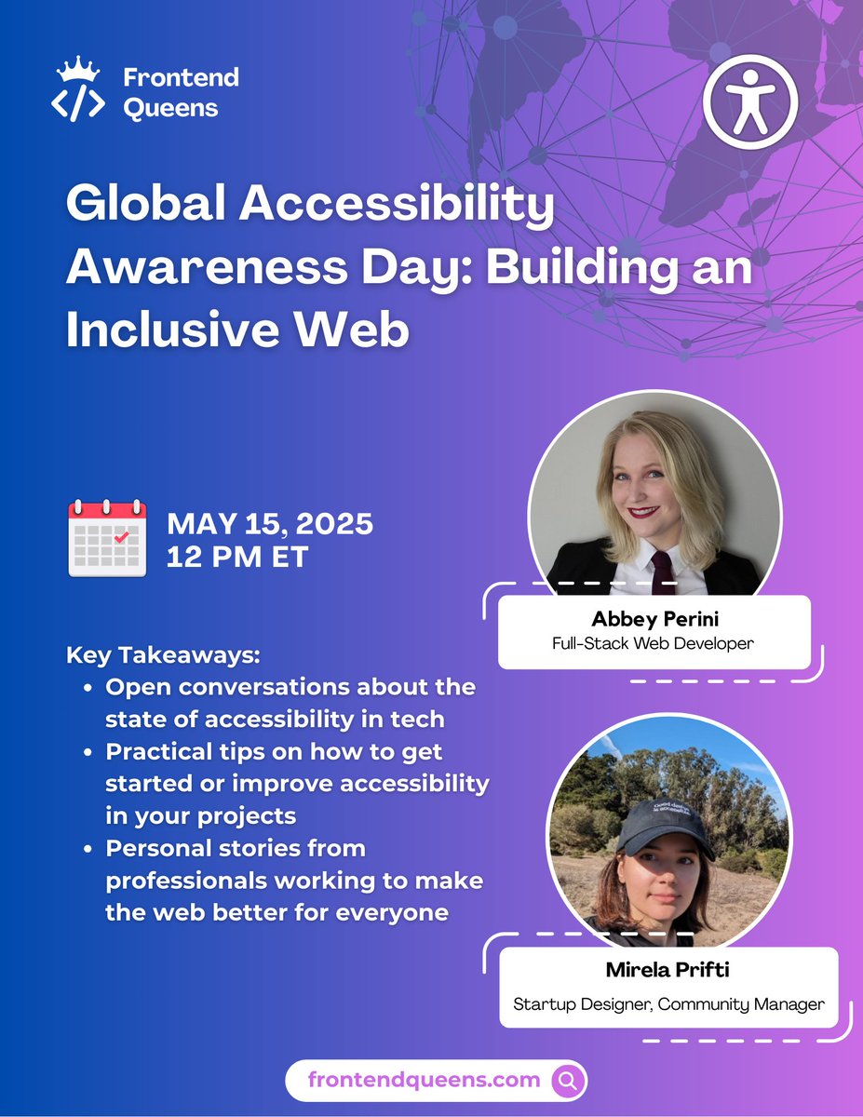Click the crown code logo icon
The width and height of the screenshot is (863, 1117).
coord(78,89)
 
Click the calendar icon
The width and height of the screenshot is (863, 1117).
coord(107,538)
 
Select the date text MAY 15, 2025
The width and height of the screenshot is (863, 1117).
coord(270,524)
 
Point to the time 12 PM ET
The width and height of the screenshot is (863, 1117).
coord(237,557)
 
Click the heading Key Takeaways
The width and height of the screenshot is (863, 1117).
coord(163,655)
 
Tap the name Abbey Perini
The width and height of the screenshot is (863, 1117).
coord(654,619)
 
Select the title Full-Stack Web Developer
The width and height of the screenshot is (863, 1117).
coord(654,642)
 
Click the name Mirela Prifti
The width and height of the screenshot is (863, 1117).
coord(667,971)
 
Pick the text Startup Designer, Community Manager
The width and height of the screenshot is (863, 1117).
coord(667,1003)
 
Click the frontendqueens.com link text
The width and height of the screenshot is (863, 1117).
coord(424,1080)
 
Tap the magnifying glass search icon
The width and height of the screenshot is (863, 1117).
coord(568,1080)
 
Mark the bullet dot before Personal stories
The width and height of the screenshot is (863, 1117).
coord(87,850)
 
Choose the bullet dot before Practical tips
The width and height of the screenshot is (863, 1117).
coord(87,752)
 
